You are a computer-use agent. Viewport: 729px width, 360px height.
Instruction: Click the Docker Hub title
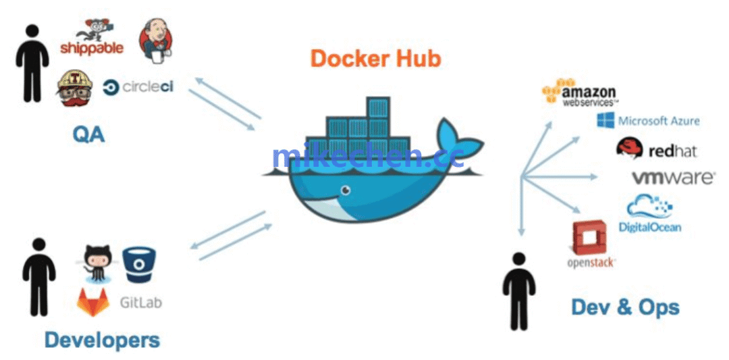[x=375, y=58]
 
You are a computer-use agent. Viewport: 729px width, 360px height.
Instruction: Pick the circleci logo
[x=138, y=87]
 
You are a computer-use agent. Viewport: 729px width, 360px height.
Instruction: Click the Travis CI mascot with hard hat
[x=75, y=88]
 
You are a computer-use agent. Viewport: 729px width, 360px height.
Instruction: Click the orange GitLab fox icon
[x=93, y=302]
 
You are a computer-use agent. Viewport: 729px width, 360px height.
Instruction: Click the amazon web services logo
[x=580, y=94]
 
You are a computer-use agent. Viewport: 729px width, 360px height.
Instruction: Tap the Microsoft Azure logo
[x=648, y=121]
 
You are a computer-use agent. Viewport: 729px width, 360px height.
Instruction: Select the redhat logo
[x=656, y=150]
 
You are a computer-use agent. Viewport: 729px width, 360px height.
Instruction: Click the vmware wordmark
[x=672, y=178]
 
